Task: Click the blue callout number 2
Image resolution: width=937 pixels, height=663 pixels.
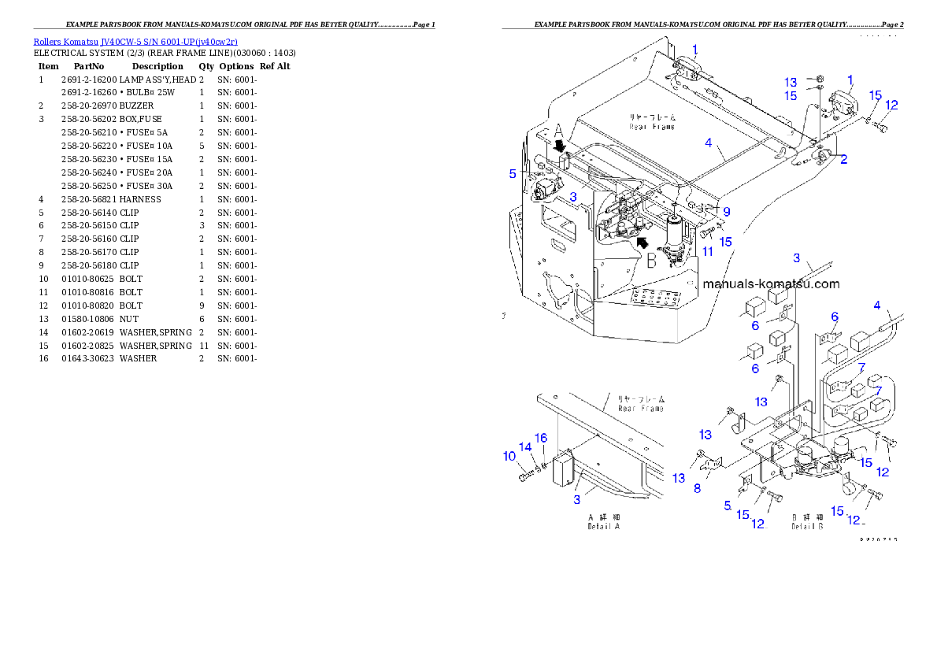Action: coord(843,160)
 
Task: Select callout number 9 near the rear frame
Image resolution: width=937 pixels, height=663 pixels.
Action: coord(727,212)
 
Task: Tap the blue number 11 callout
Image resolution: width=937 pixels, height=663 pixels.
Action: coord(708,251)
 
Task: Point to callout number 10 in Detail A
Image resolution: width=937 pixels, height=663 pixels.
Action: coord(509,456)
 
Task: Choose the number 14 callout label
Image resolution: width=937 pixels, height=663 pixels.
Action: coord(525,447)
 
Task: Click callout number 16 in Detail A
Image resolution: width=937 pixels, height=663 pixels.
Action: coord(540,438)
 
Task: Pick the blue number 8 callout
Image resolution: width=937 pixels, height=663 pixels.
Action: coord(696,488)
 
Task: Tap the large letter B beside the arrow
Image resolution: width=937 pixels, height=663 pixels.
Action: coord(651,261)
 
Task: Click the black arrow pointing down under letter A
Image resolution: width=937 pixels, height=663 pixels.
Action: coord(560,146)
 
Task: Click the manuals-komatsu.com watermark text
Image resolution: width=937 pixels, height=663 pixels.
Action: coord(771,284)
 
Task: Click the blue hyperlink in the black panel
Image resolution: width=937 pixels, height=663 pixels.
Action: coord(135,41)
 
